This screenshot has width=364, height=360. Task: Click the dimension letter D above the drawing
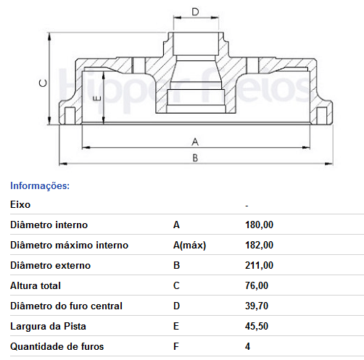[195, 12]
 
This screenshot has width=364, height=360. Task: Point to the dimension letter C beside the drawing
[44, 83]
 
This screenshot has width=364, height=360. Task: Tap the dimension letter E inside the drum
[97, 99]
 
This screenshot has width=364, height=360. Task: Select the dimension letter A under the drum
[195, 142]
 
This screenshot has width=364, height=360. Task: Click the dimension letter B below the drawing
[195, 158]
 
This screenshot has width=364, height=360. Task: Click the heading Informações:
[40, 185]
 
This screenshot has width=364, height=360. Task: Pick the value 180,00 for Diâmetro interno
[259, 225]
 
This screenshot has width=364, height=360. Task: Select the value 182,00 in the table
[259, 245]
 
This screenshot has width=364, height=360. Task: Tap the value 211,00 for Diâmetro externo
[259, 265]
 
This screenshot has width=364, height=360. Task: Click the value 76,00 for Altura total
[257, 285]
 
